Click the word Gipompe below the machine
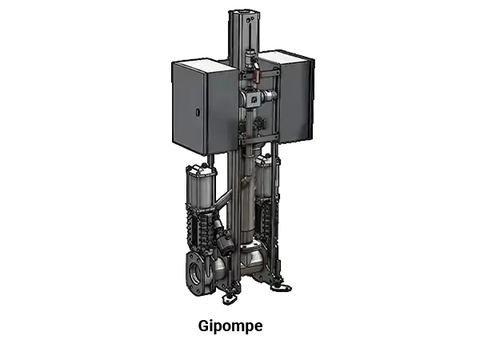click(x=230, y=326)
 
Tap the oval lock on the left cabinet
click(x=198, y=112)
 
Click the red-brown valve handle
click(x=257, y=75)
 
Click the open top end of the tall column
click(x=244, y=13)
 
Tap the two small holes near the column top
click(x=250, y=19)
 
